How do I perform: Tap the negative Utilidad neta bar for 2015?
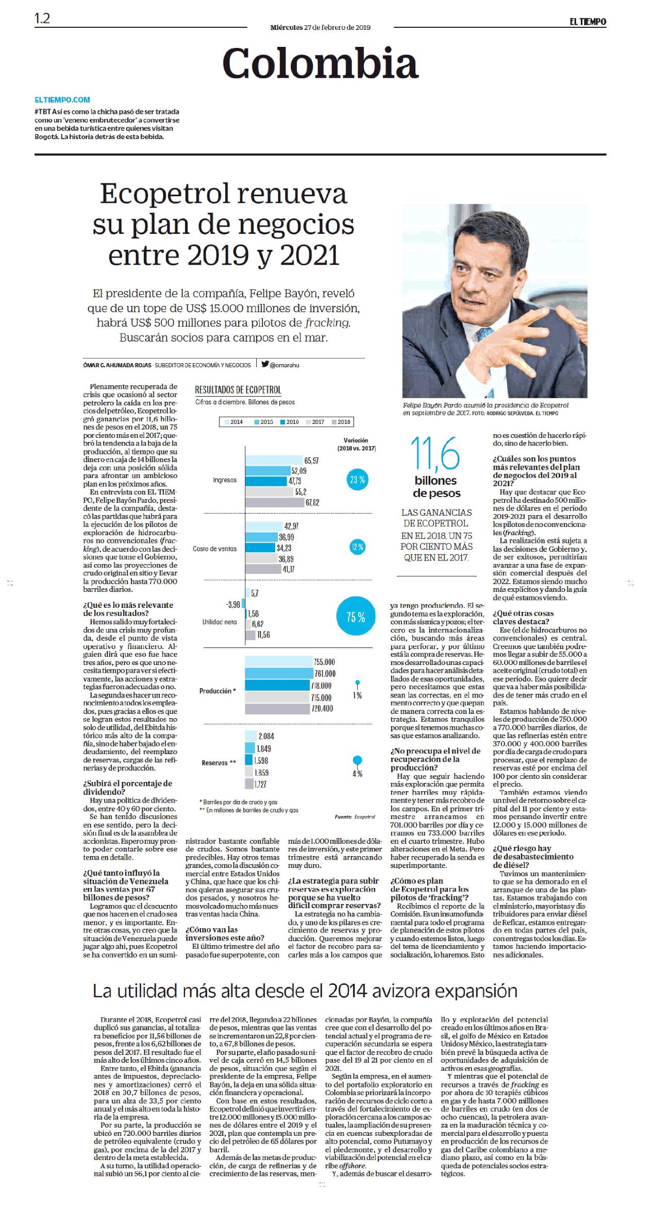pos(243,603)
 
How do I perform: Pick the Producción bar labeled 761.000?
pos(279,673)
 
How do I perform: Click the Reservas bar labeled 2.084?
pos(250,736)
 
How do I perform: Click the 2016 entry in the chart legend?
pos(290,422)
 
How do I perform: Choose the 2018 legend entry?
pos(341,422)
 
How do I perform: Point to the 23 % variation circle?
pos(357,481)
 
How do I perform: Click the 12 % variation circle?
pos(357,547)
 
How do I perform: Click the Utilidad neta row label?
pos(220,622)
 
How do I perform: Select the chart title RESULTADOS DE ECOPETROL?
pos(238,390)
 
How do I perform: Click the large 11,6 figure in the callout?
pos(435,454)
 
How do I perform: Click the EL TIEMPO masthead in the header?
pos(587,22)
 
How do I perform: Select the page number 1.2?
pos(42,19)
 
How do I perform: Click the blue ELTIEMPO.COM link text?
pos(62,100)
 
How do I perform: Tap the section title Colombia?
pos(320,64)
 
